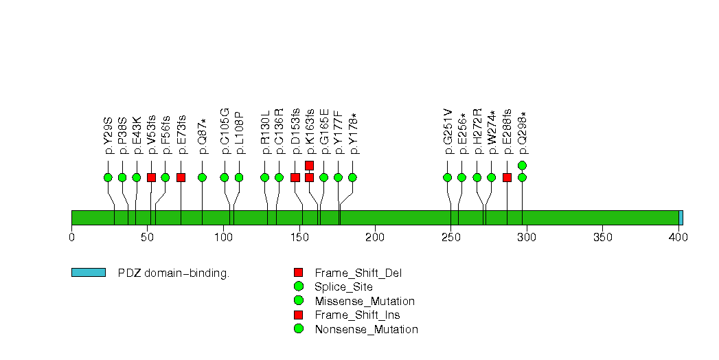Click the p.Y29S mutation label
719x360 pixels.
click(108, 135)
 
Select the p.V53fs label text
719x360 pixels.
click(151, 135)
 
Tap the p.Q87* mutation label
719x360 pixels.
click(202, 135)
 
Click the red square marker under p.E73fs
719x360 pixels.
click(181, 177)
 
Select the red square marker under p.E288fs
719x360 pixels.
click(507, 177)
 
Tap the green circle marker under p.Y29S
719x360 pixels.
click(108, 177)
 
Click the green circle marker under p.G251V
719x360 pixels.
click(448, 177)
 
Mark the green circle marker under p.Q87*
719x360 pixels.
click(202, 177)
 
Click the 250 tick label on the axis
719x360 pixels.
click(450, 238)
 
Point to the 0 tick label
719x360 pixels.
click(72, 238)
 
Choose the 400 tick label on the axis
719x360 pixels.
click(678, 238)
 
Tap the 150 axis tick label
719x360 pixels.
click(299, 238)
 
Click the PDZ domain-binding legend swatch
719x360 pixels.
click(89, 273)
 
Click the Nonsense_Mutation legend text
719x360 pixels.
click(366, 329)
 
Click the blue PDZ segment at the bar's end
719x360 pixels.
click(681, 218)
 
